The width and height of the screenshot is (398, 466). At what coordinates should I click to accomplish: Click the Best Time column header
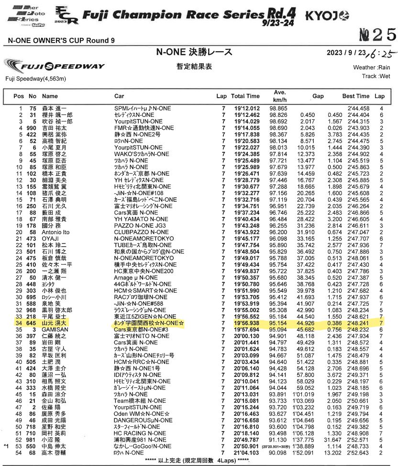pyautogui.click(x=356, y=96)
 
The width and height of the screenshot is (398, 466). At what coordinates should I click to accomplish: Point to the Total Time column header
pyautogui.click(x=246, y=96)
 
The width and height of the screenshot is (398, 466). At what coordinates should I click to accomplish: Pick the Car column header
pyautogui.click(x=119, y=96)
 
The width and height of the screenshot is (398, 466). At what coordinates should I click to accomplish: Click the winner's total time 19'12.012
pyautogui.click(x=247, y=109)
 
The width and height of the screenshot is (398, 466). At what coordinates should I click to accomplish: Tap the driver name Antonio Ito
pyautogui.click(x=56, y=232)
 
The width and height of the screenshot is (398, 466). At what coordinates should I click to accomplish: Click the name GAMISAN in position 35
pyautogui.click(x=54, y=330)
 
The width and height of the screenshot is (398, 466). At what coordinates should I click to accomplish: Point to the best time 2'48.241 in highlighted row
pyautogui.click(x=358, y=324)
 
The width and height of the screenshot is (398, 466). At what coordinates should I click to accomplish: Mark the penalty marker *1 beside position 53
pyautogui.click(x=6, y=446)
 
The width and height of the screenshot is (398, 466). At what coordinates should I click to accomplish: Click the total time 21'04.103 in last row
pyautogui.click(x=247, y=453)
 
